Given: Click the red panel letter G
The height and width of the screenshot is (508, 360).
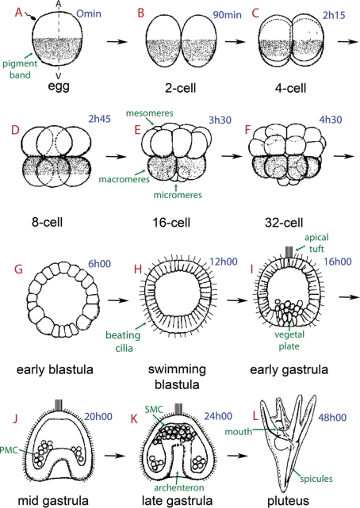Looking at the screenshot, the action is tap(18, 269).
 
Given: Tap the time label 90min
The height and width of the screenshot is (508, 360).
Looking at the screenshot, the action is tap(227, 15).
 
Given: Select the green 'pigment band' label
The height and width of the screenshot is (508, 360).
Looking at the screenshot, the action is tap(20, 69).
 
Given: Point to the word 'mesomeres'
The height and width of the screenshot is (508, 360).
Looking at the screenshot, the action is tap(149, 113).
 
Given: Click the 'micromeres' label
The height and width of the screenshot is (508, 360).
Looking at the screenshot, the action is tap(178, 195).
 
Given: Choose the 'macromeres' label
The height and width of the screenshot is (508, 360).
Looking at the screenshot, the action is tap(124, 179).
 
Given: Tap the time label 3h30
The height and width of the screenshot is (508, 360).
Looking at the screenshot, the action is tap(220, 120).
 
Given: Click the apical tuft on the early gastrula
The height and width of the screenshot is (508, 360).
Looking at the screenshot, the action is tap(289, 252).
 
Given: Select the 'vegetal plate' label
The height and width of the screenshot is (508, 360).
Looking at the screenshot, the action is tap(289, 340).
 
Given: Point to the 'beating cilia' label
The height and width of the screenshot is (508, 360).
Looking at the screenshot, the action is tap(123, 342).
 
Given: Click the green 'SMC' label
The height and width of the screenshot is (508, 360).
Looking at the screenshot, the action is tap(154, 410).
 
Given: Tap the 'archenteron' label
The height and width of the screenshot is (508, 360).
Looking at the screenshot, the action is tap(179, 487).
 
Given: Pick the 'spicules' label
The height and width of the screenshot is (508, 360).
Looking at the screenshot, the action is tap(316, 479).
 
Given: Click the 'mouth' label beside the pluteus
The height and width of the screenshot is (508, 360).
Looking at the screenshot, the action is tap(238, 432).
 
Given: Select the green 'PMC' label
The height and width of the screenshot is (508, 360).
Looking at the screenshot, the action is tap(9, 450).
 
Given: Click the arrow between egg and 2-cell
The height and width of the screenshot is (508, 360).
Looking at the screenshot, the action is tap(117, 41).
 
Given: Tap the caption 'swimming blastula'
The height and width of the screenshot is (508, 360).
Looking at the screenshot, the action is tap(177, 376).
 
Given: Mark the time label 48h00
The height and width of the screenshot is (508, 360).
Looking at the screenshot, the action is tap(332, 418).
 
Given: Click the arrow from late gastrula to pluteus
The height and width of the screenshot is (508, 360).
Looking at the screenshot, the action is tap(238, 456).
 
